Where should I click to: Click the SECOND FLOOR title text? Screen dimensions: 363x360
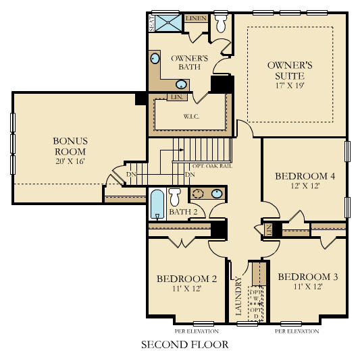(x=184, y=345)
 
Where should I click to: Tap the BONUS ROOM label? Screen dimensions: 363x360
(x=70, y=146)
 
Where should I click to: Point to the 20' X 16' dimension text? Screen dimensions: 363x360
(x=70, y=161)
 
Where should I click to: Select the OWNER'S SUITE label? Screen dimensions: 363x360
(x=289, y=71)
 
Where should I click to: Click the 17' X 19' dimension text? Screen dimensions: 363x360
(x=289, y=86)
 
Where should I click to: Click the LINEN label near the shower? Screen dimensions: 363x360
(x=196, y=18)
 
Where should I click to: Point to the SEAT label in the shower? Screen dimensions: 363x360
(x=152, y=23)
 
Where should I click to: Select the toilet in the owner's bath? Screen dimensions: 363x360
(x=221, y=24)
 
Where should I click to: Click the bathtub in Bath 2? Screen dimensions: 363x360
(x=157, y=204)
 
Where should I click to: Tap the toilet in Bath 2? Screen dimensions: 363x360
(x=174, y=197)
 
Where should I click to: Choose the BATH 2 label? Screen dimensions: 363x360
(x=182, y=213)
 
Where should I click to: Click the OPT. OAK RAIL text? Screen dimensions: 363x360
(x=213, y=165)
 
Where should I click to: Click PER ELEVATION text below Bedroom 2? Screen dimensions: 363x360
(x=197, y=331)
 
